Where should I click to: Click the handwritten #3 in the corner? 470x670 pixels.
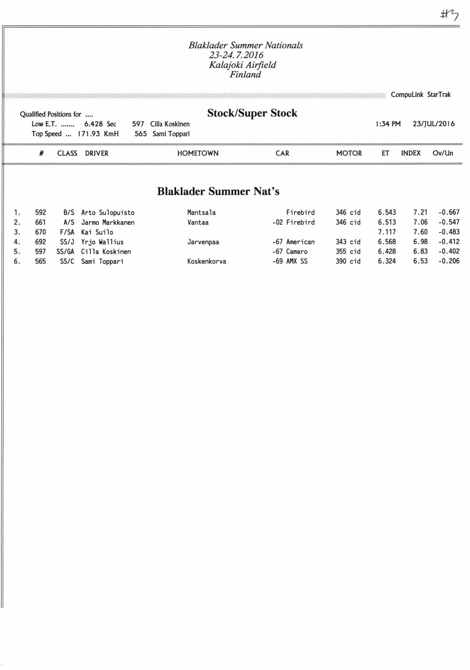[449, 15]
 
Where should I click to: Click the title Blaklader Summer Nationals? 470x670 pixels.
[245, 45]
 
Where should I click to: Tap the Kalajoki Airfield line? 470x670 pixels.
[242, 65]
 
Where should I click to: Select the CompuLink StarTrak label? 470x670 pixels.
[421, 95]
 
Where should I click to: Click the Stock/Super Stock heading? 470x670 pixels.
[252, 113]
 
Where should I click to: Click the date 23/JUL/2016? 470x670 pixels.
[434, 124]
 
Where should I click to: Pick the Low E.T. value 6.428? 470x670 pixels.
[93, 124]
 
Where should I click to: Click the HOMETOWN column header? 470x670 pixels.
[197, 153]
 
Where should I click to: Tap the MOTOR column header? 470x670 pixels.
[349, 153]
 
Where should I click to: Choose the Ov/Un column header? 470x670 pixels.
[443, 153]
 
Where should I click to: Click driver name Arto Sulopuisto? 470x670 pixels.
[108, 213]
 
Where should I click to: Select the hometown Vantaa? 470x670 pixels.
[198, 222]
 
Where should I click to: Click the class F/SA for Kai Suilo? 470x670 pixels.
[67, 232]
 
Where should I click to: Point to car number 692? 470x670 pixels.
[41, 242]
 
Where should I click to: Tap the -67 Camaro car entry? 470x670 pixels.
[290, 252]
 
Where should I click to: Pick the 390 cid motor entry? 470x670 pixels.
[348, 261]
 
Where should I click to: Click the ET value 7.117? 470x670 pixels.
[387, 232]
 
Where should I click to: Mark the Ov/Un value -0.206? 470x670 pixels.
[449, 261]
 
